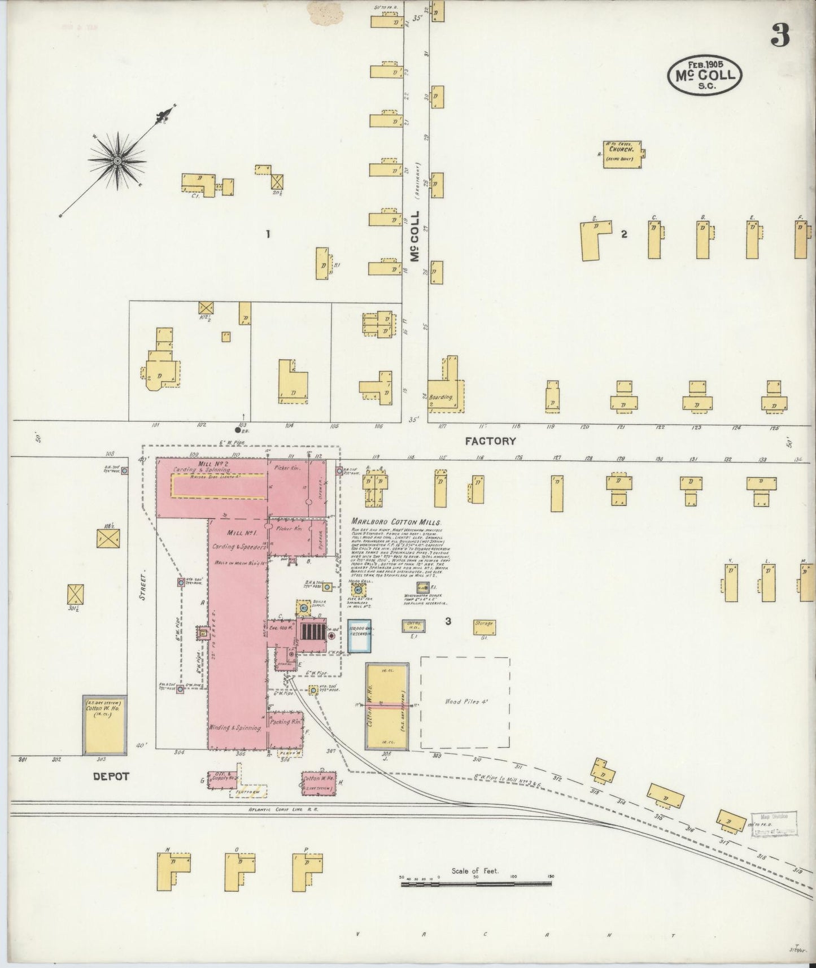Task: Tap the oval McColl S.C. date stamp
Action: pos(704,74)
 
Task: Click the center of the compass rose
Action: pos(117,161)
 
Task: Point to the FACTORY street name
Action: pos(490,441)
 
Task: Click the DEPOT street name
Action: pos(111,777)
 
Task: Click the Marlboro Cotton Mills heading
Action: pos(395,522)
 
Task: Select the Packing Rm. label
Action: pos(286,722)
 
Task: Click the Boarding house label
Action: pos(440,398)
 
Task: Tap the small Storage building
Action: pos(484,627)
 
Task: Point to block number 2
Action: pos(623,234)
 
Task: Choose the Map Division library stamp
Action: pos(773,823)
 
